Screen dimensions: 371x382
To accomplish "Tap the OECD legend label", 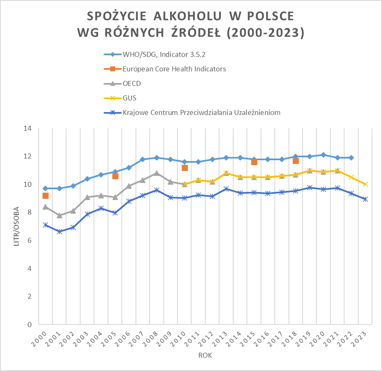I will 132,83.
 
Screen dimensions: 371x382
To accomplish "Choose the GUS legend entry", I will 130,98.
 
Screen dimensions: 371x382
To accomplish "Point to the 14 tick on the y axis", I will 28,128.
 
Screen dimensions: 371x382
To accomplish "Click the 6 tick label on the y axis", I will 30,240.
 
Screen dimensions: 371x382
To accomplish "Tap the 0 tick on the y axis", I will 30,325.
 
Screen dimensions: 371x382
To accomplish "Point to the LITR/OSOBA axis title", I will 17,226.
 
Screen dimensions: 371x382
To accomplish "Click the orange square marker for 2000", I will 45,196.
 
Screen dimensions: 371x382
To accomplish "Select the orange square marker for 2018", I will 296,161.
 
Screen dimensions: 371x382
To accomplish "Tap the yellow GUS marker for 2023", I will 365,184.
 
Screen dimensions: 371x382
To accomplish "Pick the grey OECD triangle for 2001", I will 59,215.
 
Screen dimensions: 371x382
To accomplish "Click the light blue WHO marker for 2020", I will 323,155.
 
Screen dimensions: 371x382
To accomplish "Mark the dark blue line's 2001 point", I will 59,232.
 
